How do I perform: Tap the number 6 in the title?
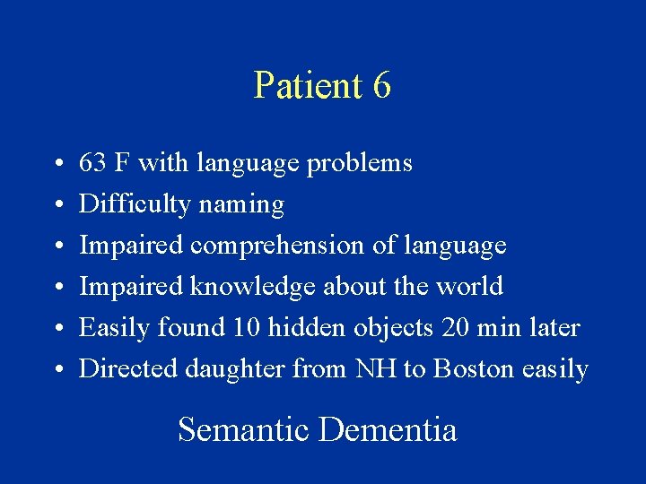click(x=381, y=86)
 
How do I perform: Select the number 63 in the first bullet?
click(x=92, y=163)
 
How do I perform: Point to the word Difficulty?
click(x=135, y=205)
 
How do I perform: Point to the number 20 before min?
click(x=455, y=328)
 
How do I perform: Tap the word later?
click(x=554, y=328)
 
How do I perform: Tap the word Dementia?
click(x=388, y=430)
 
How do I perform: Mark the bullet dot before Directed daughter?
click(x=57, y=370)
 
